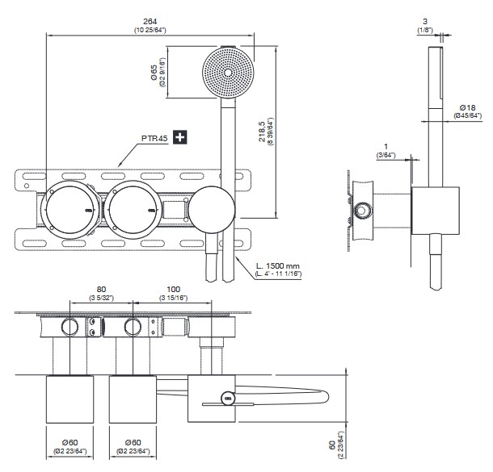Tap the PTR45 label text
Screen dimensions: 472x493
pos(154,139)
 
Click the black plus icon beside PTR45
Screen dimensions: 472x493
pos(179,138)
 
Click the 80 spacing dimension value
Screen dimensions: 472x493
pos(102,289)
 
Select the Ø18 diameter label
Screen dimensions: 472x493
pos(466,107)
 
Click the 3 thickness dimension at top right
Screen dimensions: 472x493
pos(425,23)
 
